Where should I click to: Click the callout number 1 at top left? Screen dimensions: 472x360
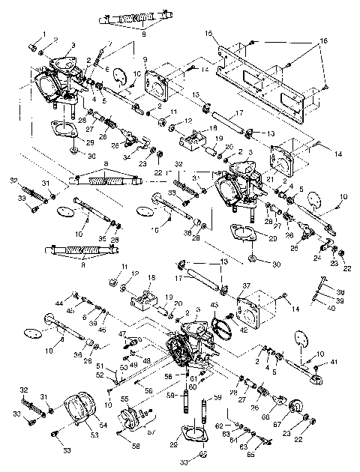43,34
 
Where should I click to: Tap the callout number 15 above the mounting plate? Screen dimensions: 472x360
208,34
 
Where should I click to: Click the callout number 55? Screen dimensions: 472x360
124,400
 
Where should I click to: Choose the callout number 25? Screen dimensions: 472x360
294,246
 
